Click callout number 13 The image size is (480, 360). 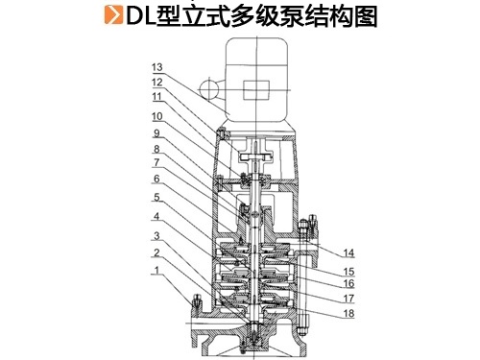pos(157,67)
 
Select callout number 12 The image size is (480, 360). pos(157,83)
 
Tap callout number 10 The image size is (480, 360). pos(157,116)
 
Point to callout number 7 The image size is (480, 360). pos(156,162)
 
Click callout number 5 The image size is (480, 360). pos(156,197)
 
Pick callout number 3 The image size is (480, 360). pos(156,236)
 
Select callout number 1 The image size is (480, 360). pos(156,271)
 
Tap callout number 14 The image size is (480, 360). pos(348,253)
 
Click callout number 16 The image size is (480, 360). pos(348,283)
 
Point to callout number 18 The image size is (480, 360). pos(348,314)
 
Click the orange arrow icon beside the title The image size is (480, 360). pos(113,15)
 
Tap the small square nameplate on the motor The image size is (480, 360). pos(256,90)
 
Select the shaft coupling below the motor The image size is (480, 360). pos(256,156)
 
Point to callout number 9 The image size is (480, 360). pos(156,133)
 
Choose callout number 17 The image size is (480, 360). pos(348,299)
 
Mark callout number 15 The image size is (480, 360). pos(348,272)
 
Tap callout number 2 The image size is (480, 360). pos(156,252)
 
